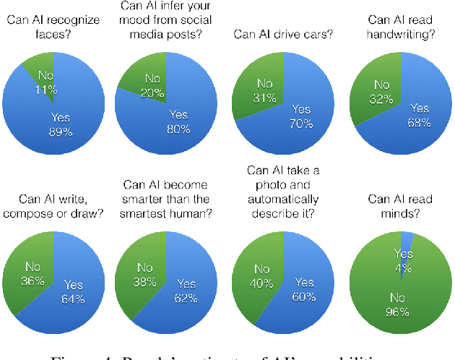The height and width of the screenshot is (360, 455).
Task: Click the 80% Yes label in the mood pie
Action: coord(178,121)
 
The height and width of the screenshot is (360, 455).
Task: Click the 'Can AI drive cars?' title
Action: coord(282,33)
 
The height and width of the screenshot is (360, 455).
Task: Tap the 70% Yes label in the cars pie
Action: coord(300,116)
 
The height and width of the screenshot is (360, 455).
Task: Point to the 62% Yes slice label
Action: coord(186,291)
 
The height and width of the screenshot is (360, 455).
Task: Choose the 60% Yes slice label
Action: coord(304,288)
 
